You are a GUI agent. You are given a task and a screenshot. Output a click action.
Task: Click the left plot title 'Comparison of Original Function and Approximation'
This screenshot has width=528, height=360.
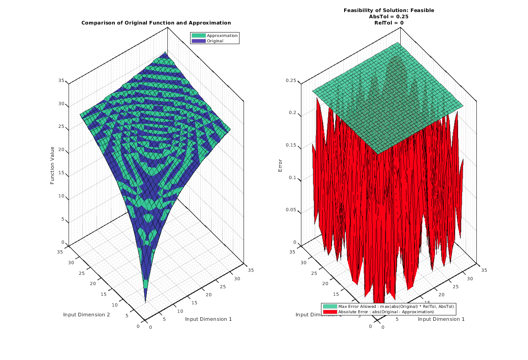pos(156,23)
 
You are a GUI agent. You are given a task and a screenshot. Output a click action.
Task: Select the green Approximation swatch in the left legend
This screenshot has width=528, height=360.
pos(199,36)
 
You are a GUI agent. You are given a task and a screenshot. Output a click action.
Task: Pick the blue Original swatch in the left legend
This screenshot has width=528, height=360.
pos(199,41)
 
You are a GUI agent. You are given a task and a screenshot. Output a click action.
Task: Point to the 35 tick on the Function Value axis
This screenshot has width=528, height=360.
pos(61,81)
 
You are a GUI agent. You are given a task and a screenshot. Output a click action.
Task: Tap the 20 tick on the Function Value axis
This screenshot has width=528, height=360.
pos(61,150)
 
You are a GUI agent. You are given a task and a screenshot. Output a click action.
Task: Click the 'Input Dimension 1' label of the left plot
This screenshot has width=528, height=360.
pos(208,319)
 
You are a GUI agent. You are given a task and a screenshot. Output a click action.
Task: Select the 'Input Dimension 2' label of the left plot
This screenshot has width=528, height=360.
pos(86,315)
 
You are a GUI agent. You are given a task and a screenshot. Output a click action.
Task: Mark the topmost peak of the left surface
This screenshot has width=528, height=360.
pos(166,53)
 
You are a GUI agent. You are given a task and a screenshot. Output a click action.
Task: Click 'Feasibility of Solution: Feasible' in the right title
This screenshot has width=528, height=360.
pos(389,10)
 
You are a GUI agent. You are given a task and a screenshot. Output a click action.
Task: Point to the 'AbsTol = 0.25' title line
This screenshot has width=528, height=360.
pos(389,16)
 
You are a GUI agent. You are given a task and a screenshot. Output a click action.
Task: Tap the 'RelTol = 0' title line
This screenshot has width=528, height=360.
pos(389,23)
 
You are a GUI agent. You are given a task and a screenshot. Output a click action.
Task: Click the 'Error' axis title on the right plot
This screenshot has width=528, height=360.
pos(280,165)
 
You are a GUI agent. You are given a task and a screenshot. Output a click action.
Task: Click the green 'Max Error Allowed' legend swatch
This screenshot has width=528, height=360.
pos(330,307)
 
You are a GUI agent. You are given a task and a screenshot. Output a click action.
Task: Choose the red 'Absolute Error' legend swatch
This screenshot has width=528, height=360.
pos(330,312)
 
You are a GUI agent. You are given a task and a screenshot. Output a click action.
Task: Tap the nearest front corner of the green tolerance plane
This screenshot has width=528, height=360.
pos(378,154)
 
